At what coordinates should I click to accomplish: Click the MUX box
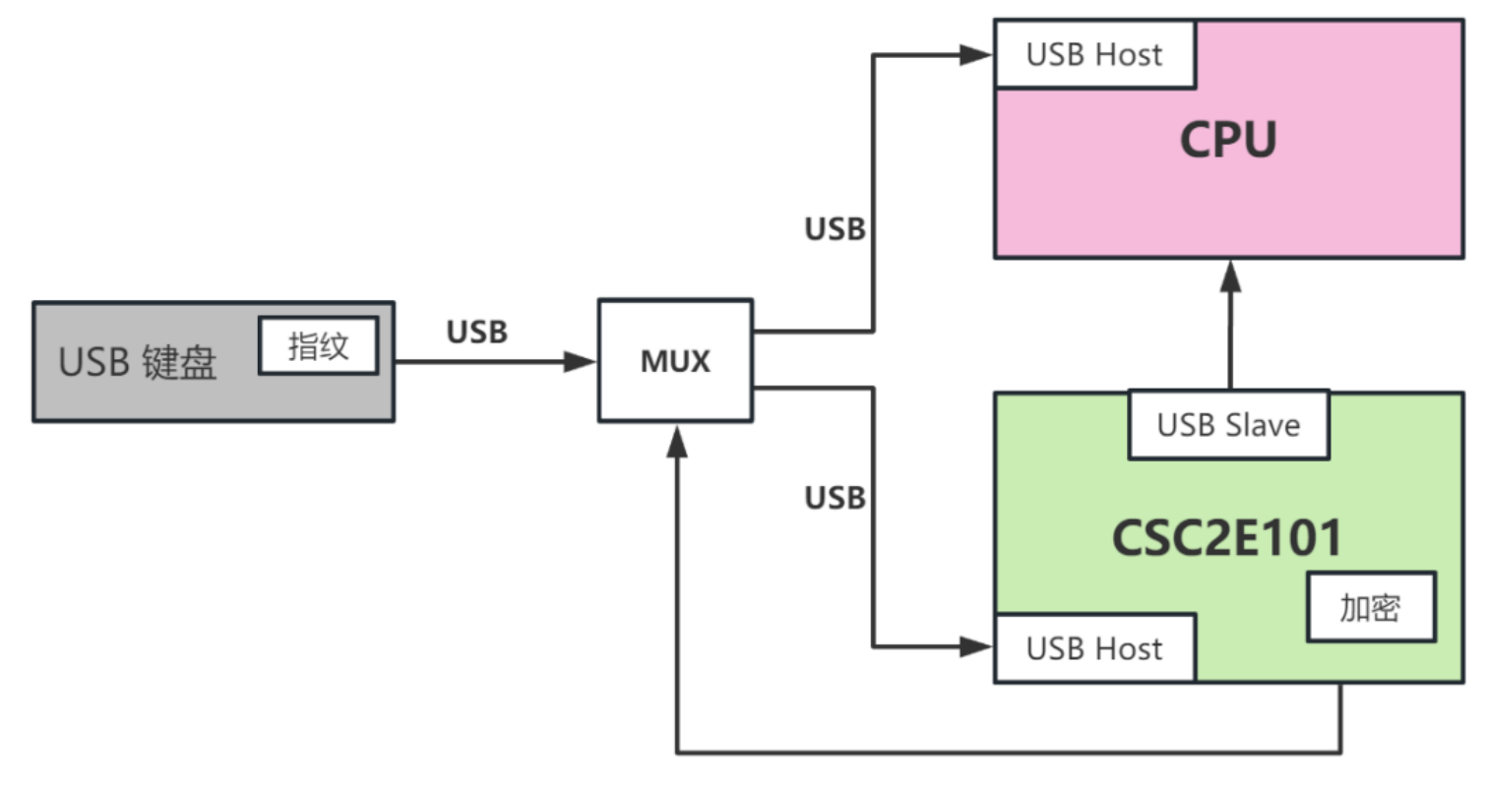click(x=675, y=361)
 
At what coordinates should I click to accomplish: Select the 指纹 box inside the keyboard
click(x=318, y=345)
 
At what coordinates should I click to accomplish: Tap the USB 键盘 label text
click(x=137, y=363)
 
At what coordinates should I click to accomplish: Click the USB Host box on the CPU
click(x=1094, y=54)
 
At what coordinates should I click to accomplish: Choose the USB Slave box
click(x=1228, y=425)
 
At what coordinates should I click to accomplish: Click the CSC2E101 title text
click(x=1227, y=538)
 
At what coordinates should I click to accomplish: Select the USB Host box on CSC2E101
click(x=1094, y=648)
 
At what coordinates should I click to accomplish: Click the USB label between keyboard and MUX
click(x=477, y=333)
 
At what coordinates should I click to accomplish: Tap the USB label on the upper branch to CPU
click(x=835, y=229)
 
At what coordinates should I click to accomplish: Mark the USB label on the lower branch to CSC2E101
click(x=835, y=498)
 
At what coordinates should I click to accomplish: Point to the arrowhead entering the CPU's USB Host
click(x=978, y=55)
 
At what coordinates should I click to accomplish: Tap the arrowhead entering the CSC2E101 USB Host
click(x=978, y=647)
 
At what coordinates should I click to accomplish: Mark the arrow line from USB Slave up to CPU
click(x=1229, y=334)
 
